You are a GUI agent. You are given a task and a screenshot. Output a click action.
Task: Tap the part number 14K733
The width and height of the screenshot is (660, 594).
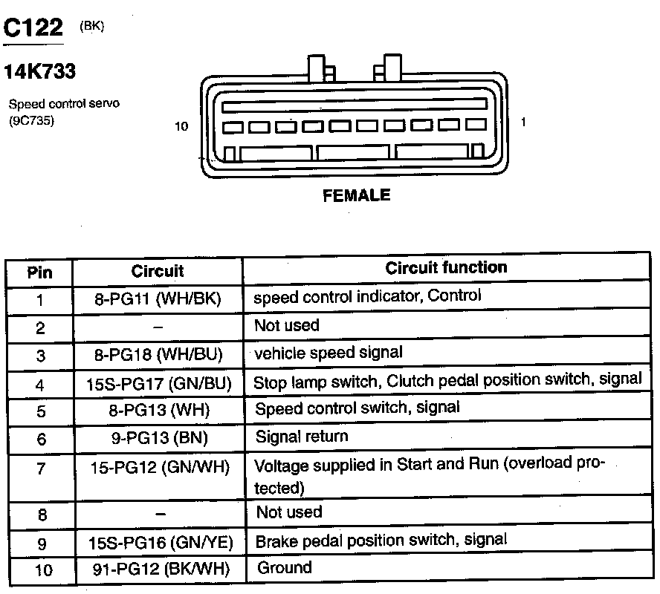(x=39, y=73)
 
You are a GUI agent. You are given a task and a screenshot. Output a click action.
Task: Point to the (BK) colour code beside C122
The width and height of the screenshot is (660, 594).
(x=92, y=26)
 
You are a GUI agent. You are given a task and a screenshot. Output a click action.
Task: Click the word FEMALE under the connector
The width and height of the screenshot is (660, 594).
(x=356, y=195)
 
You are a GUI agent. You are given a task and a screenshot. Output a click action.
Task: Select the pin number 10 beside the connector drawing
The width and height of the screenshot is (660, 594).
(x=181, y=126)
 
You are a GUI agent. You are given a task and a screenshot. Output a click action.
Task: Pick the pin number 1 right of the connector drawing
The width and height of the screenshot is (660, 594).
(x=523, y=122)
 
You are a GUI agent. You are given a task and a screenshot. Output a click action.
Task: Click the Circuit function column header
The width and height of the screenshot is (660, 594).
(x=446, y=267)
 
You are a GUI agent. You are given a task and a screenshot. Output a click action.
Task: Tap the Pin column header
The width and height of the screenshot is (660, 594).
(x=40, y=272)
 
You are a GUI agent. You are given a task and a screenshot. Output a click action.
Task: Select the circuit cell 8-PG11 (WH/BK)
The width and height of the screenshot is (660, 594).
(x=158, y=299)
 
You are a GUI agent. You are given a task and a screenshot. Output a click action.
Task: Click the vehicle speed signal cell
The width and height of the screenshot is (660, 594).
(x=329, y=353)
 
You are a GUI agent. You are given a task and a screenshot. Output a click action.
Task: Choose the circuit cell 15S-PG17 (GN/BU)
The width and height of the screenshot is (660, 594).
(x=159, y=383)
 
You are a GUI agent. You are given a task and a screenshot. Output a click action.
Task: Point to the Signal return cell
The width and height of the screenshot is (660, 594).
(x=301, y=436)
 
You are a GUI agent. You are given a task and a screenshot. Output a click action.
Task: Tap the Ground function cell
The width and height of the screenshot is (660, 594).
(x=285, y=568)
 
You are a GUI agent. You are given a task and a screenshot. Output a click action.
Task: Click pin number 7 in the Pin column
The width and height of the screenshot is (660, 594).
(x=40, y=468)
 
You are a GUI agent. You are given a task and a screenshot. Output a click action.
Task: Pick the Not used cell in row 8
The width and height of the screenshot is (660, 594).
(x=289, y=512)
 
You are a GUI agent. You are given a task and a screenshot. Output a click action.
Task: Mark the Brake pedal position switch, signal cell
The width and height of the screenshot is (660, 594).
(x=381, y=540)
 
